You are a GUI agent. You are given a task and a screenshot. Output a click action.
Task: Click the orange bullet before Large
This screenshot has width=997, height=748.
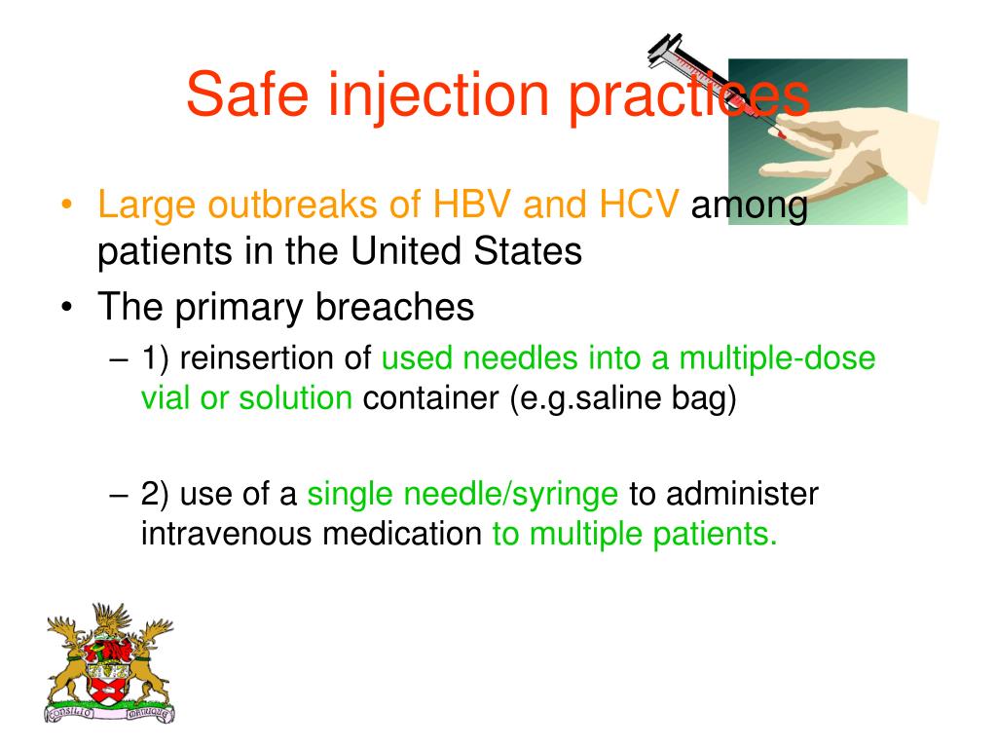(66, 206)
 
